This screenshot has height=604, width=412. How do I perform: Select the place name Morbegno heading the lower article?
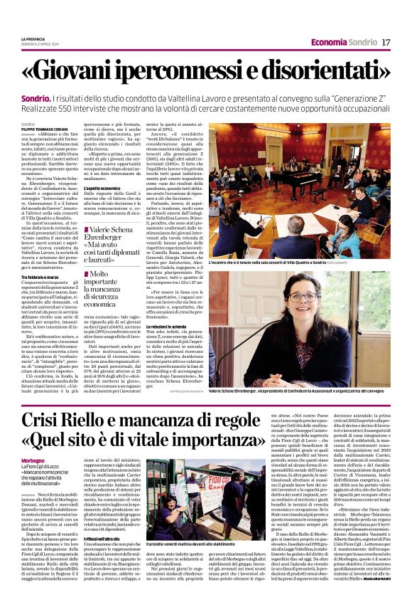37,460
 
